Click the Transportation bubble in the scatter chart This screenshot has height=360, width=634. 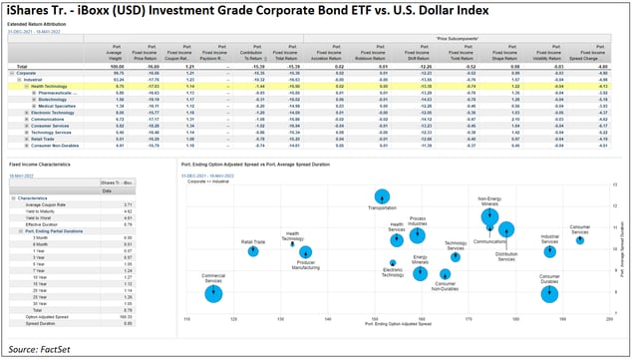click(x=382, y=197)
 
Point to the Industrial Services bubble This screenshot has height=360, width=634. click(x=549, y=251)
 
